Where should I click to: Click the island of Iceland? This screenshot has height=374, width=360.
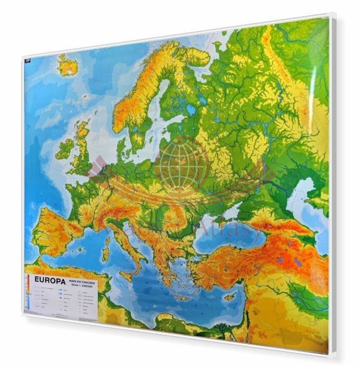[x=67, y=65]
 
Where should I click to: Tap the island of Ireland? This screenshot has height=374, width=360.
[x=65, y=149]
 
